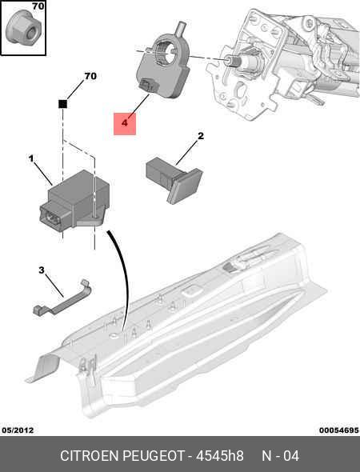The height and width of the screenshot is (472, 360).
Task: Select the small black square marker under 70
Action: (x=62, y=104)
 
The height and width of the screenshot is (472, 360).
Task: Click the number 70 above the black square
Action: (x=90, y=76)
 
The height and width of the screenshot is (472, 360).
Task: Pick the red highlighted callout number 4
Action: (x=125, y=124)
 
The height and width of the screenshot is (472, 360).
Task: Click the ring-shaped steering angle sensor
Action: (x=163, y=66)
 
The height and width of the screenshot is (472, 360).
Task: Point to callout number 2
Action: (x=201, y=136)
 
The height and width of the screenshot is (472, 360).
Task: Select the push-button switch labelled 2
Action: (x=174, y=179)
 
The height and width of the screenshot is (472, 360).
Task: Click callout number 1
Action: (x=31, y=158)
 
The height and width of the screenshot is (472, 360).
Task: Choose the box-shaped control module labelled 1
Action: (x=74, y=201)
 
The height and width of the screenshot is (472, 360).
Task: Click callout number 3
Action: (x=42, y=270)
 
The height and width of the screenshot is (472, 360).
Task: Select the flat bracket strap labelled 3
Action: (x=63, y=298)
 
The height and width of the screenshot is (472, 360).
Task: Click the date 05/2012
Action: (x=18, y=430)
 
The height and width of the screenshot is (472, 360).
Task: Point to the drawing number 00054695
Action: (x=339, y=430)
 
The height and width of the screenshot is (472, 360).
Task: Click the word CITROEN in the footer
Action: (x=90, y=456)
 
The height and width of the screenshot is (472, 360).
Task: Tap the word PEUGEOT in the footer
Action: (x=154, y=456)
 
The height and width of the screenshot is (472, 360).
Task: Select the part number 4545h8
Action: (x=220, y=456)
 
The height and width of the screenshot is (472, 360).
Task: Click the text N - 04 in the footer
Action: (x=281, y=456)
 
